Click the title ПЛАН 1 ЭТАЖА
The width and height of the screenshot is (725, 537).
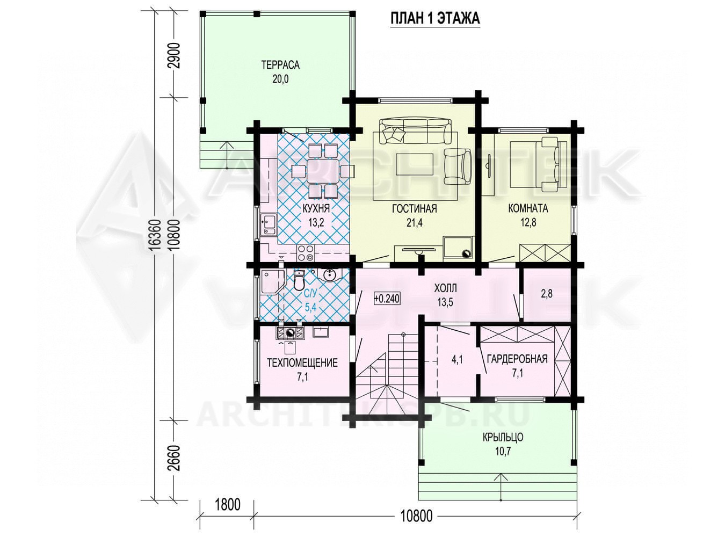(435, 18)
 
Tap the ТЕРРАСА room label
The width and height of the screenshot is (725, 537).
(280, 65)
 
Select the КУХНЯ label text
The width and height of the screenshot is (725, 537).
(316, 208)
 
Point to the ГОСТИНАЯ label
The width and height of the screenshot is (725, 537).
(414, 208)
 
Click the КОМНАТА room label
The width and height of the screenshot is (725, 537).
(528, 208)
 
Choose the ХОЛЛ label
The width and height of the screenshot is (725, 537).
(446, 288)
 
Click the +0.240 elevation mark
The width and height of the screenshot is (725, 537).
(387, 298)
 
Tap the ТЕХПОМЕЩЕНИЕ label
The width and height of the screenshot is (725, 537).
(302, 362)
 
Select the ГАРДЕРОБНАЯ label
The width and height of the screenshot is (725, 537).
(517, 359)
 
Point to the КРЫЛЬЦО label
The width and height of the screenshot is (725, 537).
(503, 437)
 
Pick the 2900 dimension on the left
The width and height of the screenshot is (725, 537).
(175, 55)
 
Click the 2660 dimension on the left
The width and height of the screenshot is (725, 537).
(175, 458)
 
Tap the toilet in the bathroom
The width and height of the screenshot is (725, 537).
(299, 282)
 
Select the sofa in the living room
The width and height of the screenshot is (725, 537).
(416, 131)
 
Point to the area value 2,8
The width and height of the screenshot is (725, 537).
(547, 294)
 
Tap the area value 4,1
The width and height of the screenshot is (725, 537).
(456, 360)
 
